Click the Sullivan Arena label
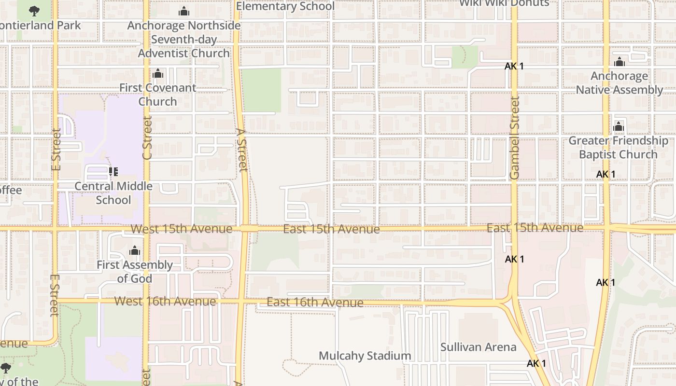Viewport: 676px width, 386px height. [478, 347]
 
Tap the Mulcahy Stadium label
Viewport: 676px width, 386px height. [365, 356]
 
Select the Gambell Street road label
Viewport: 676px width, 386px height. [515, 138]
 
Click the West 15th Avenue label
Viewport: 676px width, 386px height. [182, 229]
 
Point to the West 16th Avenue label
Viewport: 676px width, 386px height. [165, 302]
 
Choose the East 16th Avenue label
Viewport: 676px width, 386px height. [315, 303]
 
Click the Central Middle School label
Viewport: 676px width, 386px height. [113, 193]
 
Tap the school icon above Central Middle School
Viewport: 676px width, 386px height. [113, 171]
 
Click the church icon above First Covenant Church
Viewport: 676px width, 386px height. [157, 74]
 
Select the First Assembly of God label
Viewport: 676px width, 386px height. [134, 272]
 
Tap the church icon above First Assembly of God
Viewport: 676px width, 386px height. [135, 251]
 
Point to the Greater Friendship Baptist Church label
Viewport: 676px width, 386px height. [618, 148]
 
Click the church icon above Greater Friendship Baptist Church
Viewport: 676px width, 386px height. [619, 127]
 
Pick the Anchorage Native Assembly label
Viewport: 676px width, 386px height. [619, 83]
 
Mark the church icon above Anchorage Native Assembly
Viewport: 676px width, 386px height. [620, 62]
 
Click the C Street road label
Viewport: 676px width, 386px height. [147, 138]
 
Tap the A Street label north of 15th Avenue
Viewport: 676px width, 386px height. [242, 150]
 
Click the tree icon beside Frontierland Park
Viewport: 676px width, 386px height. [34, 10]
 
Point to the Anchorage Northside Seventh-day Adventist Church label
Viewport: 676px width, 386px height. [183, 40]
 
